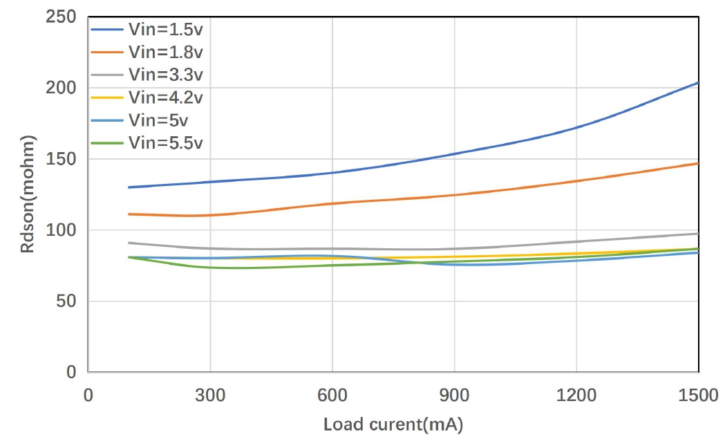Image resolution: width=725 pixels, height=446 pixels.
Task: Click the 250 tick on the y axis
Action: [x=61, y=17]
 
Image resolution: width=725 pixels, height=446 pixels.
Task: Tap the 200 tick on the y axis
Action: [x=61, y=88]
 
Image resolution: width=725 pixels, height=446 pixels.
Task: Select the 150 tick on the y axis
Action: [x=61, y=159]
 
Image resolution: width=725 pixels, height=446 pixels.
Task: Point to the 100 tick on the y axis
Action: [x=61, y=230]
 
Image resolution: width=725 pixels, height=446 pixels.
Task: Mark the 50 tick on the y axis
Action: [x=65, y=301]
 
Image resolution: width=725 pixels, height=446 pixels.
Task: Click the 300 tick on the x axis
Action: [x=209, y=395]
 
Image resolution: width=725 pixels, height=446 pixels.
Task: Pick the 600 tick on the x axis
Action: [x=332, y=395]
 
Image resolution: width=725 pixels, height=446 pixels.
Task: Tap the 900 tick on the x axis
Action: [x=454, y=395]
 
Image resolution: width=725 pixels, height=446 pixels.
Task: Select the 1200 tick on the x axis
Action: [x=576, y=395]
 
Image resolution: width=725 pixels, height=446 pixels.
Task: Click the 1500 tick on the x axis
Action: [x=697, y=395]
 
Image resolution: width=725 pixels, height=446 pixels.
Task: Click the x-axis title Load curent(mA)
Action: [x=393, y=425]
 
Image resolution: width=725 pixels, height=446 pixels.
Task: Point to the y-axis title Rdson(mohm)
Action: [x=28, y=195]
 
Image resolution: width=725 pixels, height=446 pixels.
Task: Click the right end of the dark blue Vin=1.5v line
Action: [x=698, y=83]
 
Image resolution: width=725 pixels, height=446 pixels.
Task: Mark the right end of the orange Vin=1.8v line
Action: [x=698, y=163]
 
